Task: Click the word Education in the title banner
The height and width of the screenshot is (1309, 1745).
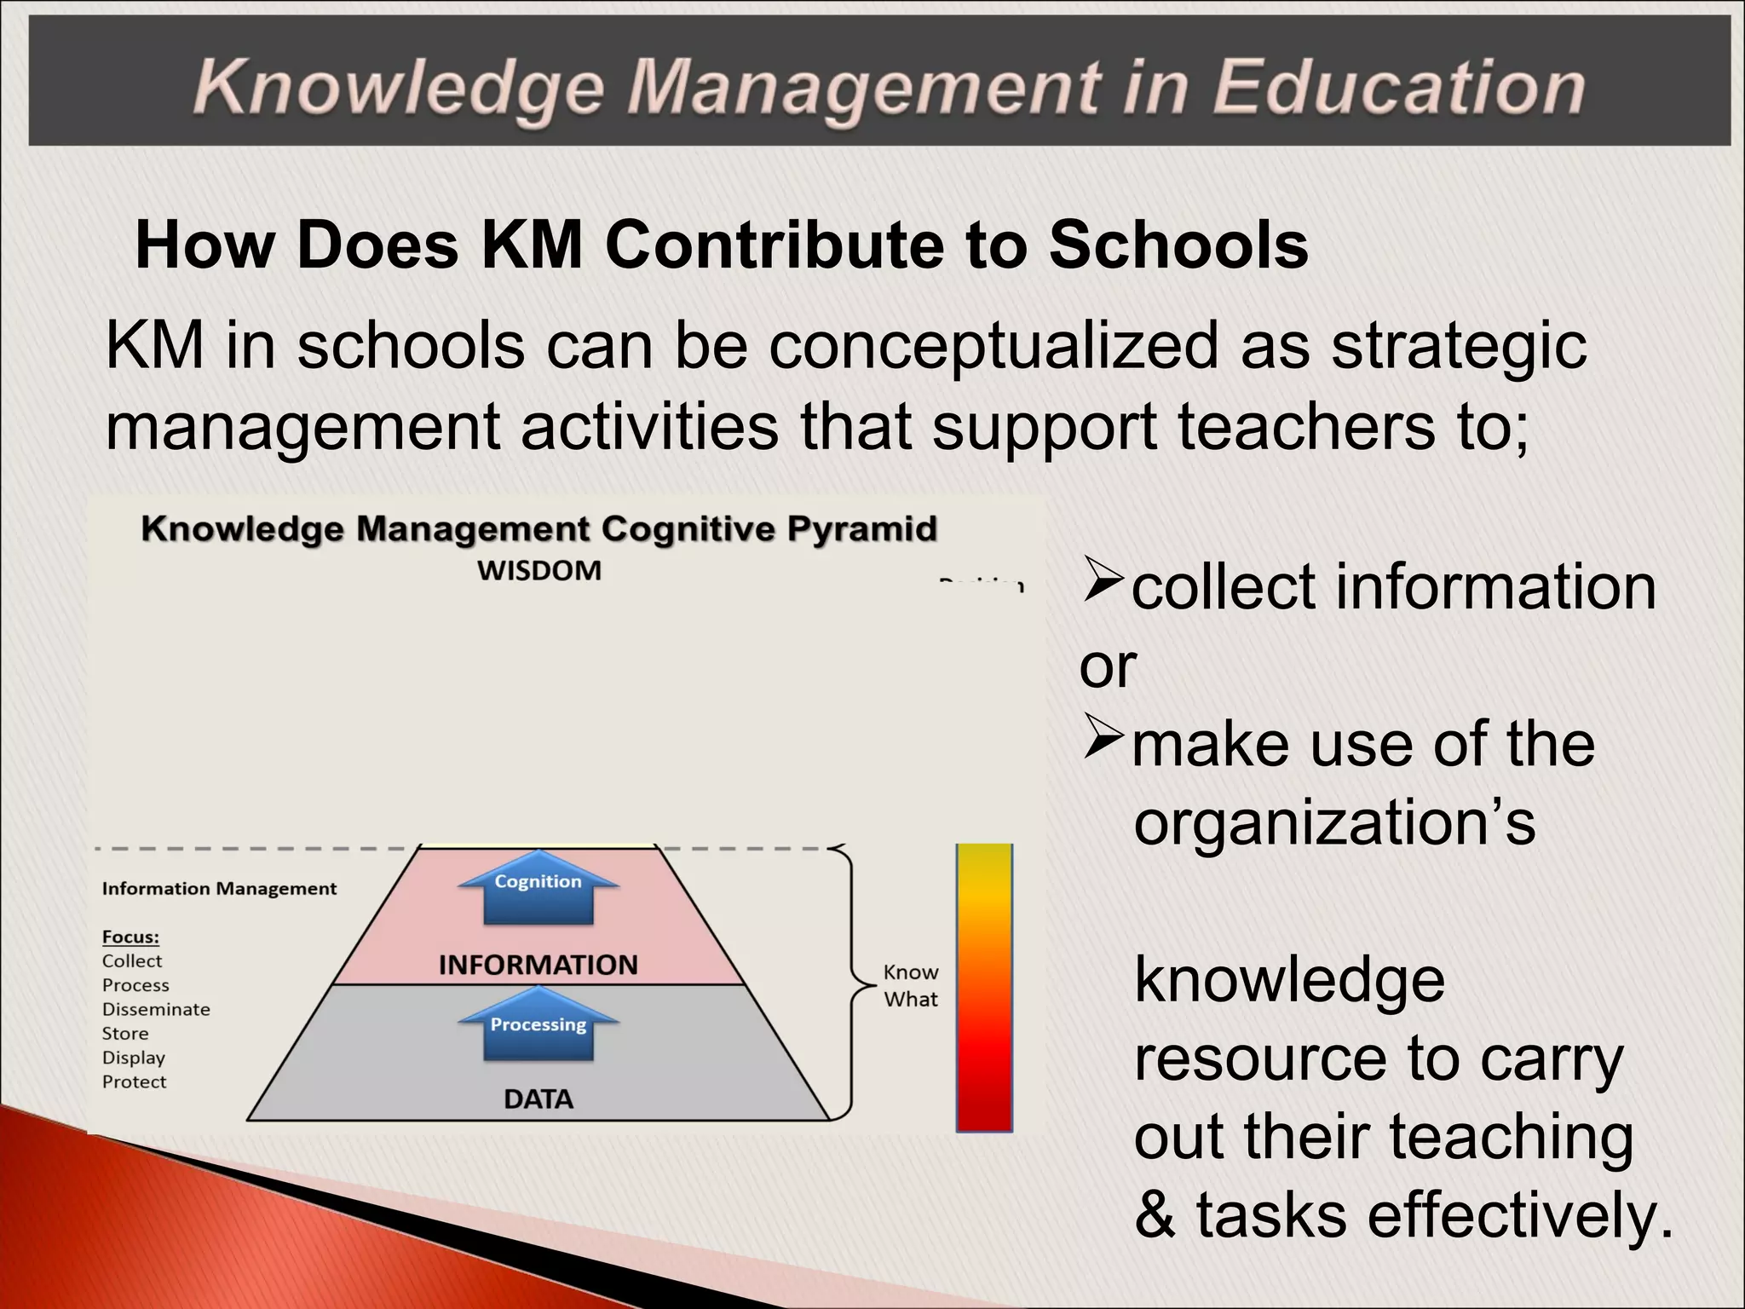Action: coord(1397,88)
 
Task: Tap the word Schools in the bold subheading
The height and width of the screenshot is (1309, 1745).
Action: coord(1178,245)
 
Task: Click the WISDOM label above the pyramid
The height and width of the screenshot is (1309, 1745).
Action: coord(539,570)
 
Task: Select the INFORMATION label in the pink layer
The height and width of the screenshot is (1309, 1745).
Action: coord(538,965)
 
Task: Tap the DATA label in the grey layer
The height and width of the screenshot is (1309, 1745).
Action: coord(538,1099)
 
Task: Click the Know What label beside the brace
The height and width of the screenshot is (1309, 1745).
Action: coord(911,986)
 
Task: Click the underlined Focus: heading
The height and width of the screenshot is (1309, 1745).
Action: coord(130,937)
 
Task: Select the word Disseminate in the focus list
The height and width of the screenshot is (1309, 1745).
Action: coord(156,1010)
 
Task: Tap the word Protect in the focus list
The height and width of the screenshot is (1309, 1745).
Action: coord(135,1082)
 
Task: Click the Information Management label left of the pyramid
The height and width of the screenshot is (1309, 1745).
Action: coord(219,889)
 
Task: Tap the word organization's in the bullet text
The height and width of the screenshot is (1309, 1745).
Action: coord(1334,822)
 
